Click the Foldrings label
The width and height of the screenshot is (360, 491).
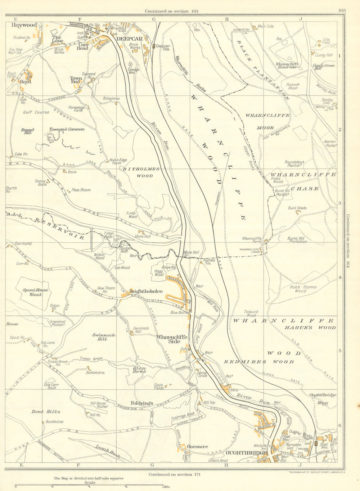tap(142, 403)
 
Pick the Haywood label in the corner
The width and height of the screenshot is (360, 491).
tap(24, 25)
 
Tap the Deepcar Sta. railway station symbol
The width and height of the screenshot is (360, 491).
tap(154, 46)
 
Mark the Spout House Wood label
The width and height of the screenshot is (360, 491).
tap(30, 292)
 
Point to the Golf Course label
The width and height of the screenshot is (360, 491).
tap(36, 112)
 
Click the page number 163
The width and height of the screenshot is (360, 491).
tap(342, 10)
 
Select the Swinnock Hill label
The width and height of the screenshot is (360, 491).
tap(104, 337)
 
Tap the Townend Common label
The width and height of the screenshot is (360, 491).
tap(67, 129)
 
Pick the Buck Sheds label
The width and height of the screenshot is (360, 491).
tap(297, 208)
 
